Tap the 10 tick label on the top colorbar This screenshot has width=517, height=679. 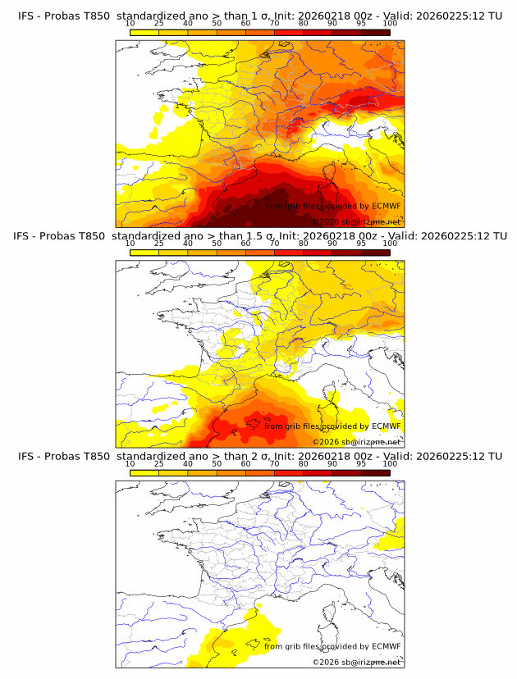(130, 23)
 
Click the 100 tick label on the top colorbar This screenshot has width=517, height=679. (390, 23)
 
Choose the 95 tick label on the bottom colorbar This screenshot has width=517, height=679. (361, 464)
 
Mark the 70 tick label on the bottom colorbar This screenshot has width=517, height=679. (274, 464)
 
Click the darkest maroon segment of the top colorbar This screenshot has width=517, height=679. (375, 32)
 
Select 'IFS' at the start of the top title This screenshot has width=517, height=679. (26, 16)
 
